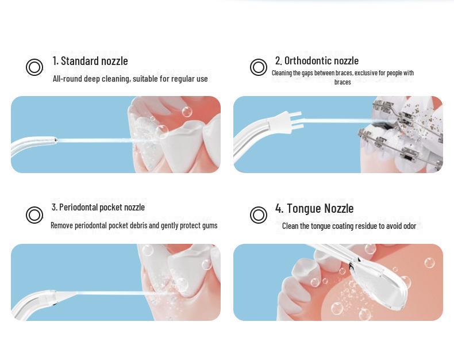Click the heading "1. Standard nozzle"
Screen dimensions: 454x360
[90, 61]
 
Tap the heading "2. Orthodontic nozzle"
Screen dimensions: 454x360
[317, 60]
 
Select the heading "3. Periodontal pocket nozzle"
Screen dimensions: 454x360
[98, 207]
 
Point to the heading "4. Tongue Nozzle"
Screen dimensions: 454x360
[314, 208]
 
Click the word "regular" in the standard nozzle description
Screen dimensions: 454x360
[183, 79]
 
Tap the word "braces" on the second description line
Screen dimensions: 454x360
[343, 82]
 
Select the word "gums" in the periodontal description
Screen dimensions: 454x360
[210, 226]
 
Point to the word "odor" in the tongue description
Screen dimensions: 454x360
[409, 226]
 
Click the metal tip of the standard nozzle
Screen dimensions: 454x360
[54, 140]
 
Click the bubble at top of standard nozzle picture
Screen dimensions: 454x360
[187, 112]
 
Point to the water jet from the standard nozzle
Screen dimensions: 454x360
[95, 140]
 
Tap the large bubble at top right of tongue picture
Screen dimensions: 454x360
[429, 263]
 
